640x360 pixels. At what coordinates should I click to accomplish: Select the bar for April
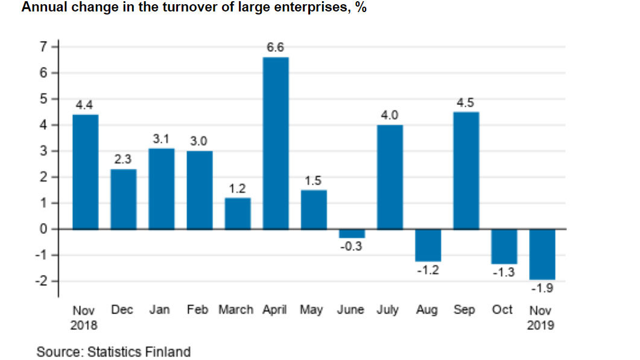click(x=276, y=143)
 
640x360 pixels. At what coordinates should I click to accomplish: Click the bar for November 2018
click(x=85, y=172)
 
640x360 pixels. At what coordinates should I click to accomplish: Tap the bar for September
click(x=466, y=170)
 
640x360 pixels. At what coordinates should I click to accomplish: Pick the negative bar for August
click(x=428, y=245)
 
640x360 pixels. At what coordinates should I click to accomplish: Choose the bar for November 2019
click(x=542, y=254)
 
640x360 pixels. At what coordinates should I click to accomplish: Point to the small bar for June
click(x=352, y=233)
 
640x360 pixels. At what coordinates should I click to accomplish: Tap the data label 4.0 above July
click(x=390, y=115)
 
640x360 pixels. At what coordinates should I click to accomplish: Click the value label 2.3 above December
click(x=123, y=159)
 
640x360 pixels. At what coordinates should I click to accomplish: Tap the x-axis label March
click(x=236, y=310)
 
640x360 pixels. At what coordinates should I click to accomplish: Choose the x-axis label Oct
click(x=502, y=310)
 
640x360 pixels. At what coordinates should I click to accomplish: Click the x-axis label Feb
click(x=197, y=310)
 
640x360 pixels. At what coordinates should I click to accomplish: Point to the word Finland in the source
click(x=170, y=352)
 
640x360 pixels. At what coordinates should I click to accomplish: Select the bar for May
click(x=314, y=209)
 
